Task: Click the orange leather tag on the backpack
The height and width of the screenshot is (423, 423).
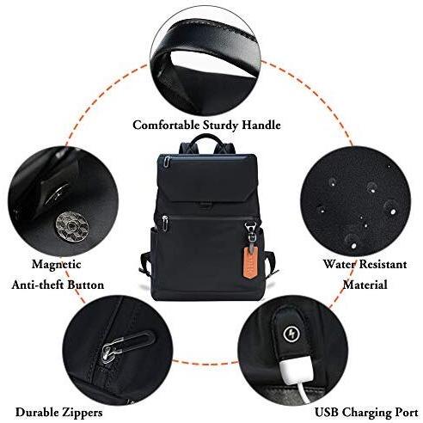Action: pyautogui.click(x=250, y=262)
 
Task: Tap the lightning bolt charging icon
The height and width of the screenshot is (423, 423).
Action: pyautogui.click(x=291, y=334)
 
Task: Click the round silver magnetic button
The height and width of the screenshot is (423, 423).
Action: pyautogui.click(x=72, y=225)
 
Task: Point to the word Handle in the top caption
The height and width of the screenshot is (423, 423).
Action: pyautogui.click(x=261, y=126)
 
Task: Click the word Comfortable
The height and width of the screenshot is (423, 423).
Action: pyautogui.click(x=166, y=126)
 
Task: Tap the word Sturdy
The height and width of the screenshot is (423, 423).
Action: pyautogui.click(x=221, y=126)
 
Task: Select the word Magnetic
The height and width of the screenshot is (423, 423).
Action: pyautogui.click(x=57, y=265)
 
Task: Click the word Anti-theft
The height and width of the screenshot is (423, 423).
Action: pyautogui.click(x=38, y=285)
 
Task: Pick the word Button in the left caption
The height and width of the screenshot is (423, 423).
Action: pyautogui.click(x=86, y=285)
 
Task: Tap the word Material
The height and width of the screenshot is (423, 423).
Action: pyautogui.click(x=365, y=285)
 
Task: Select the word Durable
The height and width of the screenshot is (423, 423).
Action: pyautogui.click(x=36, y=412)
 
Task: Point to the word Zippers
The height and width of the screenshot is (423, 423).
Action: pyautogui.click(x=81, y=413)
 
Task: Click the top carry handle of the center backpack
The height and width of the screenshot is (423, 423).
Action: pyautogui.click(x=207, y=139)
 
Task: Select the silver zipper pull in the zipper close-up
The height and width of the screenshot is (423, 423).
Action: pyautogui.click(x=110, y=352)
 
